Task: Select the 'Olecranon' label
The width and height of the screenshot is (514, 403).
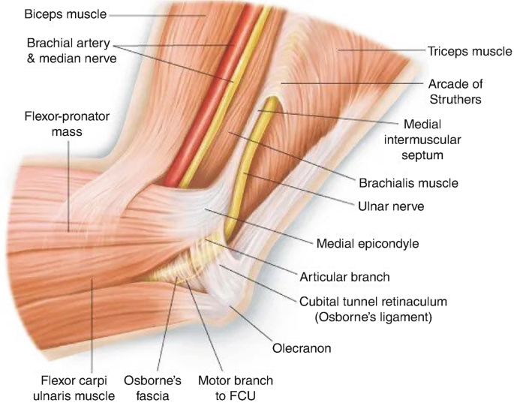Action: click(x=303, y=348)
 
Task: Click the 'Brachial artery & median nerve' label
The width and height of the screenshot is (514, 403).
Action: click(x=71, y=49)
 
